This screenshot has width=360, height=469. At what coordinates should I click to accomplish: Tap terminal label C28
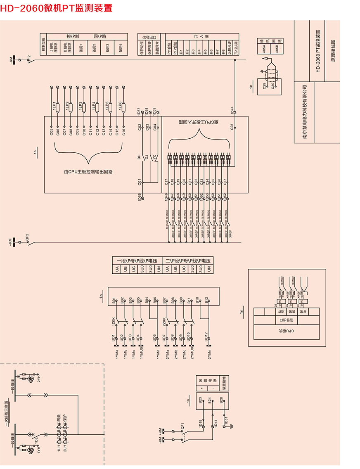coord(232,127)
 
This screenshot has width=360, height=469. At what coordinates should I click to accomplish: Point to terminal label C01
coord(140,182)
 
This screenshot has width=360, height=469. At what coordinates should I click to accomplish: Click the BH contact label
coord(139,157)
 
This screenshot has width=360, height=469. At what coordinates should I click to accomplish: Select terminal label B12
coord(206,301)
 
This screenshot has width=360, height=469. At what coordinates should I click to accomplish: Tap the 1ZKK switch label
coord(114,320)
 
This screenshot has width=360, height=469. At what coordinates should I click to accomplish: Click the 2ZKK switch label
coord(164,320)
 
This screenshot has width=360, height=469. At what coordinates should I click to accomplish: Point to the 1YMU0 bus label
coord(141,354)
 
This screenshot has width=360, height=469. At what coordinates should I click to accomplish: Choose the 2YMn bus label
coord(209,354)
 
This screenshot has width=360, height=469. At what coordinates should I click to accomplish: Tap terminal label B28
coord(221,400)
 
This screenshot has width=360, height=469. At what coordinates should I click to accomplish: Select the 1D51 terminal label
coord(226,420)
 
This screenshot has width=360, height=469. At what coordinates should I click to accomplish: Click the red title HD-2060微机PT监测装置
coord(56,8)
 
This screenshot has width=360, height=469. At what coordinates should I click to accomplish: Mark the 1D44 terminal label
coord(232,111)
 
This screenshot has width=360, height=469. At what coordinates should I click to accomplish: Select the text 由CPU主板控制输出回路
coord(88,171)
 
